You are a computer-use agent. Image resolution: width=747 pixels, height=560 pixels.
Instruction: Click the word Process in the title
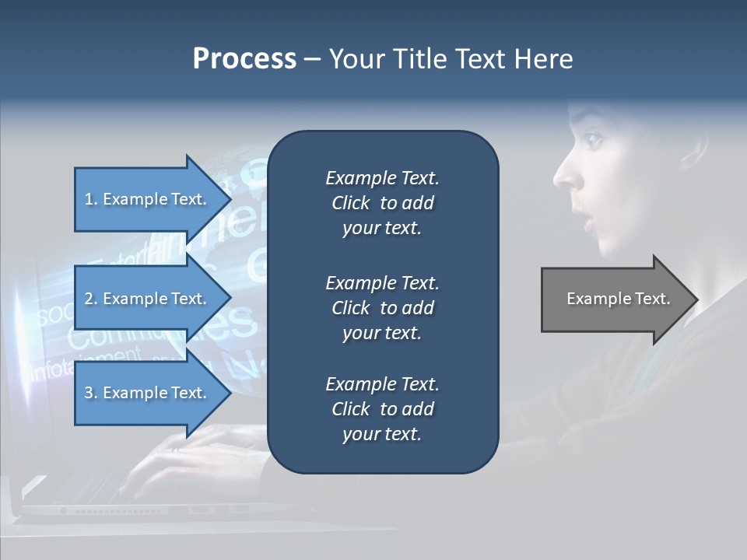244,59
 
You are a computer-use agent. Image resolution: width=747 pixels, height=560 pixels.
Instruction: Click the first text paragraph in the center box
382,203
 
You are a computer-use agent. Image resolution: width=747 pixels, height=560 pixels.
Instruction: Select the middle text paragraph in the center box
382,308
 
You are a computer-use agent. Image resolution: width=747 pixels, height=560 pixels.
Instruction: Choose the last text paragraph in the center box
382,409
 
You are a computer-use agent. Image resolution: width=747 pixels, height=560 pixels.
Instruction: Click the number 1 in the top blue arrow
88,199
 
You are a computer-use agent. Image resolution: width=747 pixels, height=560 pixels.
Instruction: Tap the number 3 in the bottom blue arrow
88,393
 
